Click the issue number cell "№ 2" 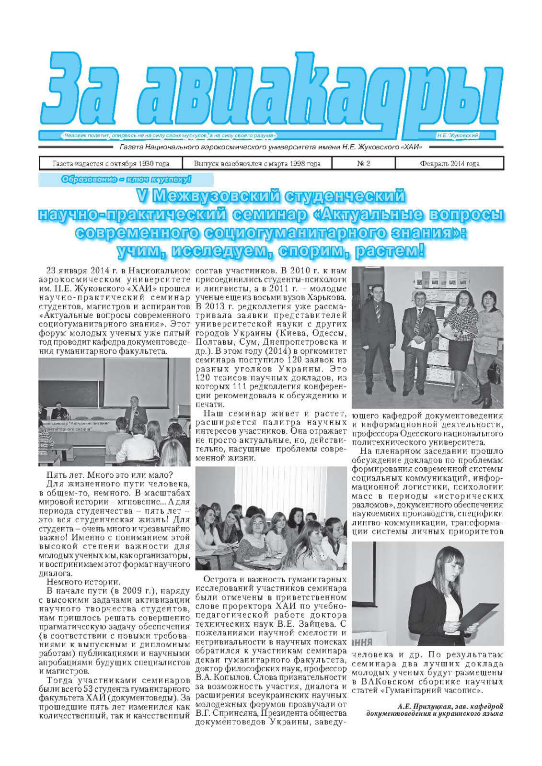coord(364,164)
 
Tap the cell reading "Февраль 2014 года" coord(449,164)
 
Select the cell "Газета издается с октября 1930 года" coord(111,164)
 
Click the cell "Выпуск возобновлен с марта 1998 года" coord(257,164)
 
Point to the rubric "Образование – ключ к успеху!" coord(127,180)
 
